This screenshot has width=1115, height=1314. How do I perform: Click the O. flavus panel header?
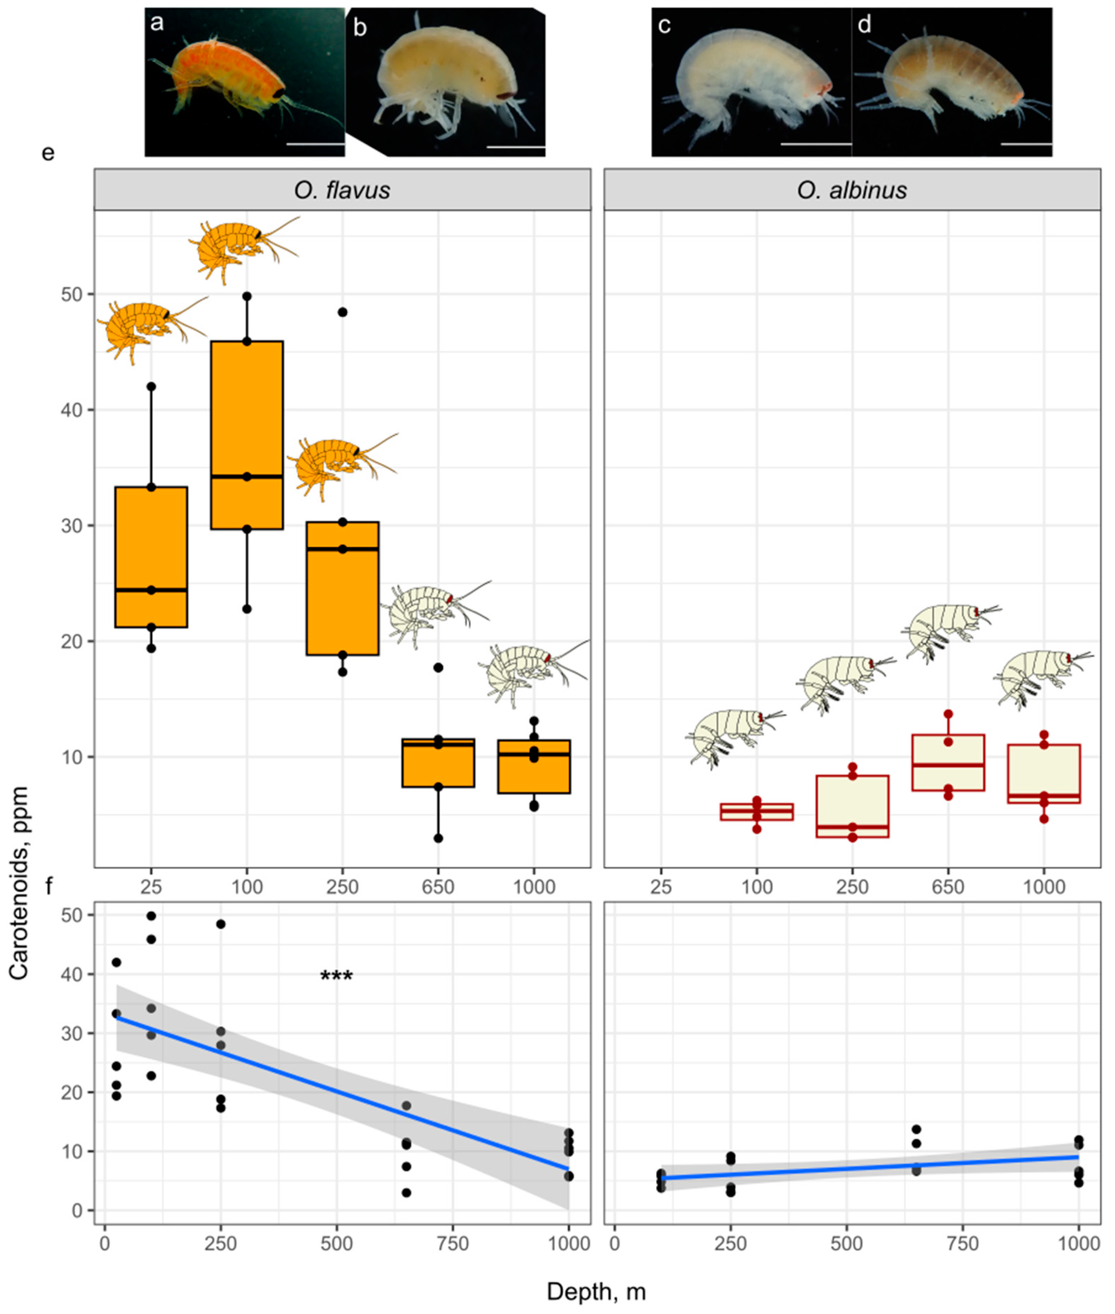(x=342, y=190)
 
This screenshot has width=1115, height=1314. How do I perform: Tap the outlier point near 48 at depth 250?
(x=342, y=312)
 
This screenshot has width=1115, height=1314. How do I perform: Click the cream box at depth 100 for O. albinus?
(x=757, y=811)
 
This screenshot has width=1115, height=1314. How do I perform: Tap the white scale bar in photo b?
(x=516, y=147)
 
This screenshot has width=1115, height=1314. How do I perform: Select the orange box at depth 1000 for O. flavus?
(x=534, y=766)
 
